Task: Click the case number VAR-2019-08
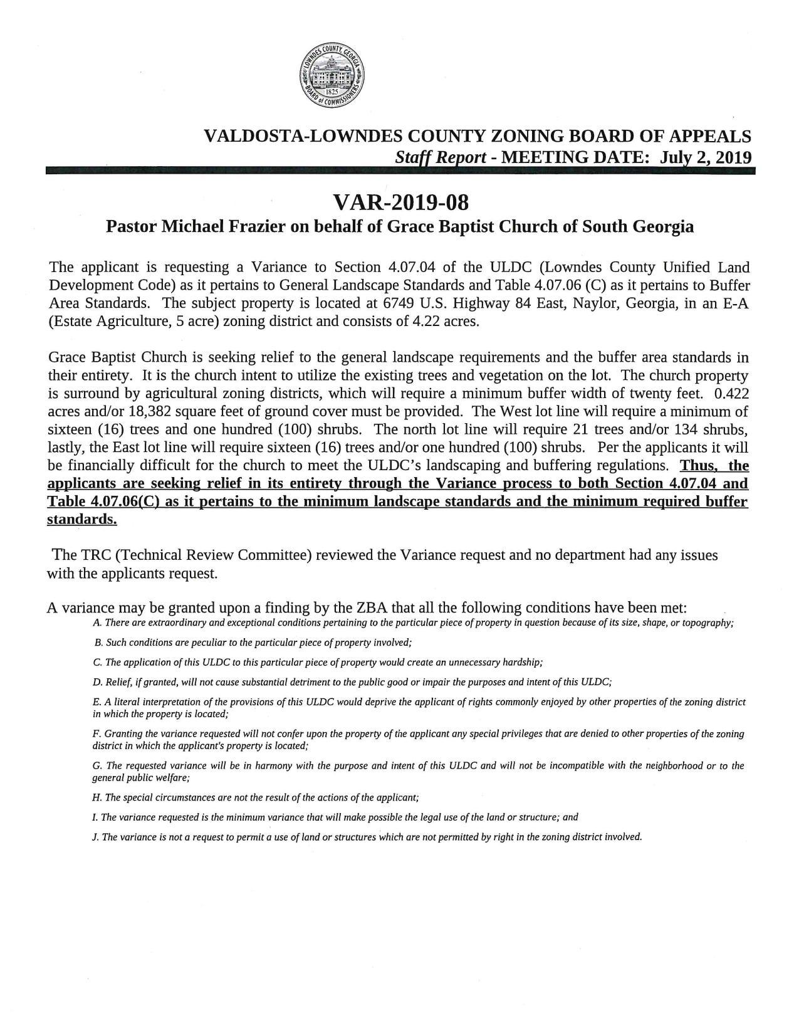pyautogui.click(x=400, y=202)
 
